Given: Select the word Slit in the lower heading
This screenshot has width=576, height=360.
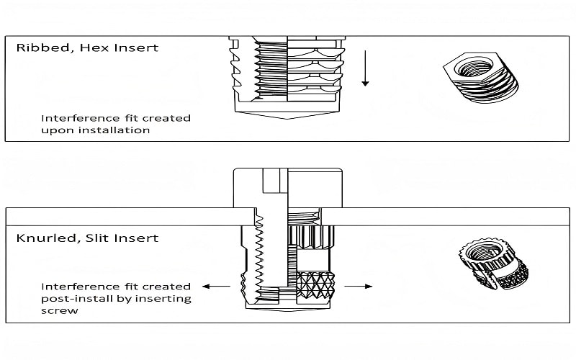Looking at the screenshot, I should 92,237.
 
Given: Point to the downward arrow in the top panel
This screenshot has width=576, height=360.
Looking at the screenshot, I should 365,68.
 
